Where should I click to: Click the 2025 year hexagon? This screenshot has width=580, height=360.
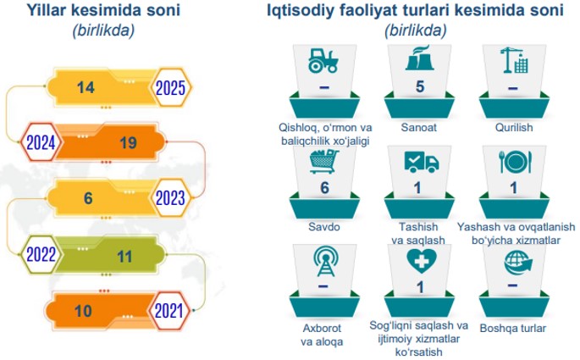[170, 88]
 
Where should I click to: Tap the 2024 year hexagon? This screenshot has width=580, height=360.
[41, 142]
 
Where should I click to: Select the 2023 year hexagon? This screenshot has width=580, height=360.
[170, 198]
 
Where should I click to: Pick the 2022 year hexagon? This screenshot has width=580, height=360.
[41, 255]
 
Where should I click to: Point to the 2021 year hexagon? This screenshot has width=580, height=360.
[169, 311]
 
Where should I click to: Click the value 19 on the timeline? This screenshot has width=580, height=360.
[129, 143]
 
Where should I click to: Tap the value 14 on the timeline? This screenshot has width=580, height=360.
[86, 88]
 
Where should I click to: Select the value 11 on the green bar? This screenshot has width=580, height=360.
[124, 257]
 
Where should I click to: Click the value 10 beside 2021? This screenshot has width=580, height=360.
[83, 311]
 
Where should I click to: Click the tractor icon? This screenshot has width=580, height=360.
[323, 60]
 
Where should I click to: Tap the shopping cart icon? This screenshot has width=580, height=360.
[324, 161]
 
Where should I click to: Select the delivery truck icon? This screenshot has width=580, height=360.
[422, 162]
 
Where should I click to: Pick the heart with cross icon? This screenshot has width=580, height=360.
[422, 261]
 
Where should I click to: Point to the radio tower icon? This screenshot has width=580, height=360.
[325, 262]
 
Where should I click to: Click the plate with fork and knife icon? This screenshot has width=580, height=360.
[516, 162]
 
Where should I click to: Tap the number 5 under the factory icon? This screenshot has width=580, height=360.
[419, 86]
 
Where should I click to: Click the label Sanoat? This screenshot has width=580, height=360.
[419, 127]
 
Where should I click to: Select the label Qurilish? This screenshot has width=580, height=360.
[514, 127]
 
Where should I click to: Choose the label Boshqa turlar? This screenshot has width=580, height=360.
[512, 328]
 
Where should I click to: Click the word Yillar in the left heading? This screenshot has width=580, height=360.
[47, 10]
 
